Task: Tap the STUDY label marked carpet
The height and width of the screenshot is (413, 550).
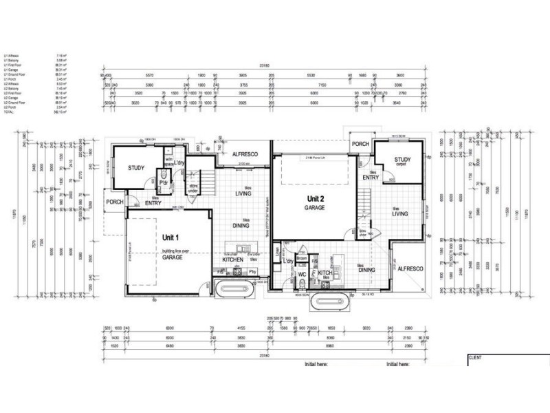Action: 403,162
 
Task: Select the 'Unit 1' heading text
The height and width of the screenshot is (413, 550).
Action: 170,236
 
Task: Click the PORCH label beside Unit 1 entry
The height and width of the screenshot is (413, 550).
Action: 114,203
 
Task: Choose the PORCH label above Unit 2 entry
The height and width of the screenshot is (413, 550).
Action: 360,144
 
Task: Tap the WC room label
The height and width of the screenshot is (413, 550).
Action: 301,273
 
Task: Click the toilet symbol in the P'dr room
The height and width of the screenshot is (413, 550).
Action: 162,178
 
